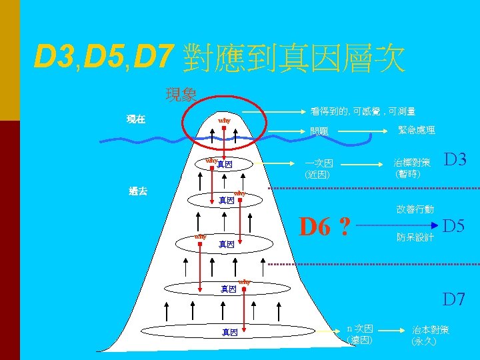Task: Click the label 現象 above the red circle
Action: (181, 95)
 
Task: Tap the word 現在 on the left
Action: (136, 119)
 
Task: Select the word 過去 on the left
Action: (138, 191)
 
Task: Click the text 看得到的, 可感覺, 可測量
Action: (363, 111)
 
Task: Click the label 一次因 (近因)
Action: (318, 169)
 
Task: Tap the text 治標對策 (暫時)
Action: (412, 168)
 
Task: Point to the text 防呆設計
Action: (415, 237)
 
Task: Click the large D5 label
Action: (455, 226)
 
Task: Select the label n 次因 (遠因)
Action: (361, 333)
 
